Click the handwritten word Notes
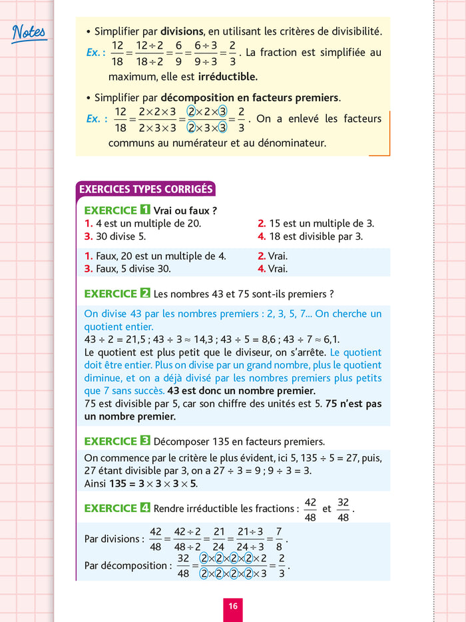pyautogui.click(x=29, y=32)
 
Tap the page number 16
pyautogui.click(x=232, y=606)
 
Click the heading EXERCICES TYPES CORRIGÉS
pyautogui.click(x=146, y=189)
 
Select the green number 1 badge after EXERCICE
pyautogui.click(x=146, y=210)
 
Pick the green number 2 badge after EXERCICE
pyautogui.click(x=146, y=293)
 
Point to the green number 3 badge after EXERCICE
pyautogui.click(x=146, y=441)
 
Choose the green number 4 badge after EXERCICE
pyautogui.click(x=146, y=508)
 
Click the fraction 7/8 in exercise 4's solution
pyautogui.click(x=279, y=538)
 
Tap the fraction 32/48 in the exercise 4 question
pyautogui.click(x=344, y=509)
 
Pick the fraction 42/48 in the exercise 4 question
pyautogui.click(x=310, y=509)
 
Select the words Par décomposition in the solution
pyautogui.click(x=124, y=565)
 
